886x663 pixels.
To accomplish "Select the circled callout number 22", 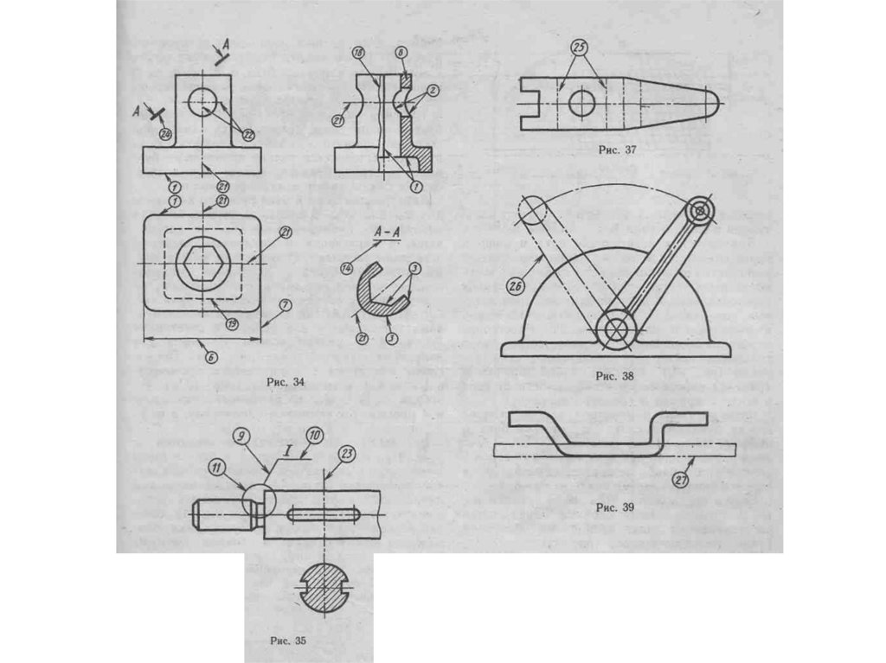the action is click(x=248, y=134).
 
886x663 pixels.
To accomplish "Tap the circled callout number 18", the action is click(x=356, y=54).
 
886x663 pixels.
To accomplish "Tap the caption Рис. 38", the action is click(x=616, y=376).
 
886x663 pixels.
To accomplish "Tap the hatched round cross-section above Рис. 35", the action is click(x=322, y=590).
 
